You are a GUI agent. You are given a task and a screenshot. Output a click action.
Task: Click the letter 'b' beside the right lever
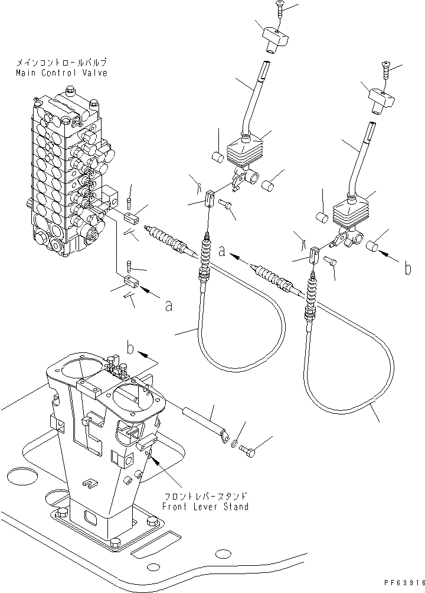coord(407,269)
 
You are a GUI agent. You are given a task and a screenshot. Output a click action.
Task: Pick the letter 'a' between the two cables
coord(221,251)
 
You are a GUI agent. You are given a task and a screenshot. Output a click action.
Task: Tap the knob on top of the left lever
coord(274,38)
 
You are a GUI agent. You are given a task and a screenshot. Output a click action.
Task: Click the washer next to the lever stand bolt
coord(236,443)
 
